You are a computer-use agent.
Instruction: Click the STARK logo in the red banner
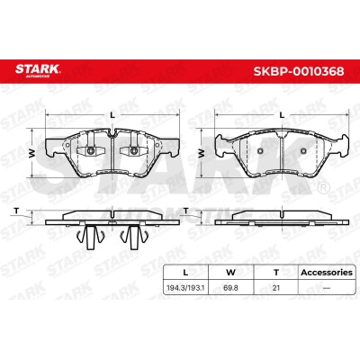point(38,70)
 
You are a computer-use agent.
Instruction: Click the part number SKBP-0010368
point(299,72)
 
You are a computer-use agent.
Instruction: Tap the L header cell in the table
point(185,273)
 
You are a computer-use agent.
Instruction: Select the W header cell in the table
point(230,273)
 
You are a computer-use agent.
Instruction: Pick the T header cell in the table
point(276,273)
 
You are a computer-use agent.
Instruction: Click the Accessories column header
point(327,273)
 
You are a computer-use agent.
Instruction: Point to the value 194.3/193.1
point(185,288)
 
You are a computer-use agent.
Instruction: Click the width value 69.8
point(230,288)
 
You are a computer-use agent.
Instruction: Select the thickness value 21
point(276,288)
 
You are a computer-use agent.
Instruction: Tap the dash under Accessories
point(327,288)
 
